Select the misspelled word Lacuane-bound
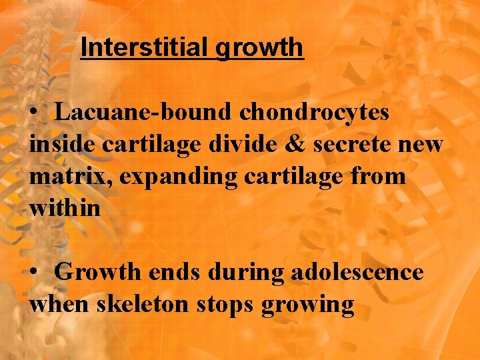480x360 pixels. click(x=143, y=112)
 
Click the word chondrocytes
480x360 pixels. click(x=314, y=112)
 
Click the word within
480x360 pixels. click(x=65, y=208)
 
